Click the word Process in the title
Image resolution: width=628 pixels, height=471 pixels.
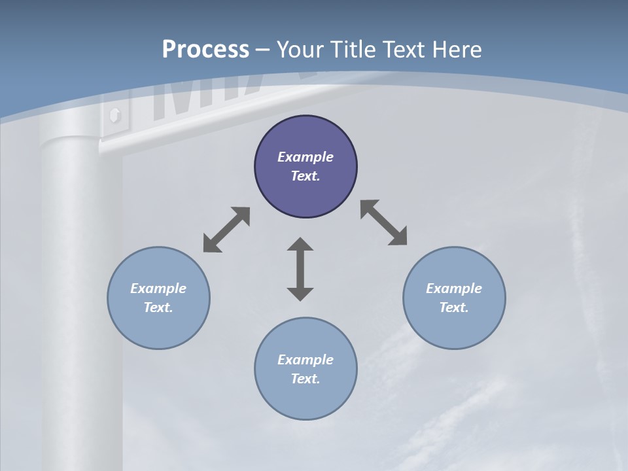[205, 50]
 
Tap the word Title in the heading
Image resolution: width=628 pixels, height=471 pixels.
[356, 50]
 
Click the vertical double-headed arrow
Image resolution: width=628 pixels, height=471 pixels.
[300, 269]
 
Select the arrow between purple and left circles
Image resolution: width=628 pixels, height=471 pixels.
[226, 230]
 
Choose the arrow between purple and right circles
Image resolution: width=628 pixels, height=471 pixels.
[384, 222]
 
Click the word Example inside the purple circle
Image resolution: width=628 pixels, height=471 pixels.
[305, 157]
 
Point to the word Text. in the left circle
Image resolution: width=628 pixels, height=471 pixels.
[158, 307]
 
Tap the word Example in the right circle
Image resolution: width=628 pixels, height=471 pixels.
[454, 288]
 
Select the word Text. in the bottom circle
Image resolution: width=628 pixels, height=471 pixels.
[305, 379]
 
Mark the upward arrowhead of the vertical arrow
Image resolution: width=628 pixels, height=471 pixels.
[300, 245]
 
